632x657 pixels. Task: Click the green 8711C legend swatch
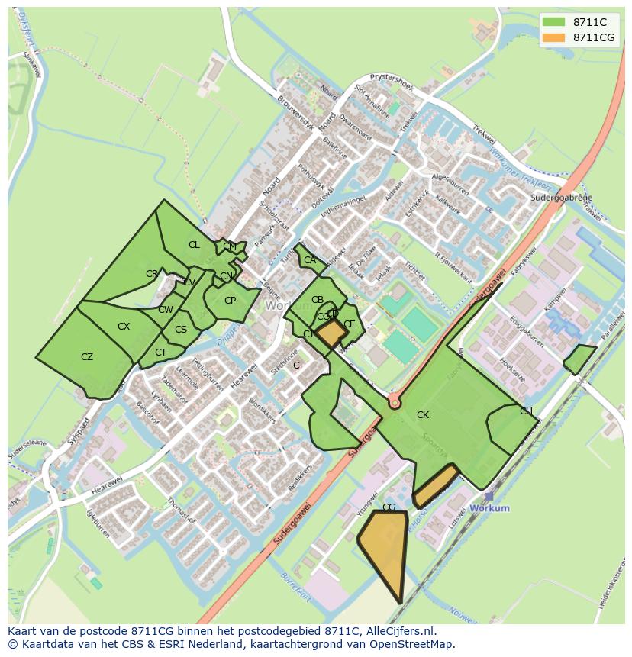(554, 22)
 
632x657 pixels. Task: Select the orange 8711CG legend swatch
(554, 37)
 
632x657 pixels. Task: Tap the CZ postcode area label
(87, 357)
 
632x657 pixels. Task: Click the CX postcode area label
(124, 327)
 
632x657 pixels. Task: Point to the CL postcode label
(194, 245)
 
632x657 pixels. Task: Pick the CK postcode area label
(422, 415)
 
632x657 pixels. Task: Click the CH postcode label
(526, 411)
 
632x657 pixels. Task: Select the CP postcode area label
(230, 301)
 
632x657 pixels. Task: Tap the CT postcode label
(160, 353)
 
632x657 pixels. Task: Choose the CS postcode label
(181, 330)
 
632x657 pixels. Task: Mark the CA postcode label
(309, 260)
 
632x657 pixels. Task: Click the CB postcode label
(318, 300)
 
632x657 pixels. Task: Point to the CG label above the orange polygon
(389, 507)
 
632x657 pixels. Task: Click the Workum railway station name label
(489, 508)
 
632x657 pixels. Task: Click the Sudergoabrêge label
(561, 198)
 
